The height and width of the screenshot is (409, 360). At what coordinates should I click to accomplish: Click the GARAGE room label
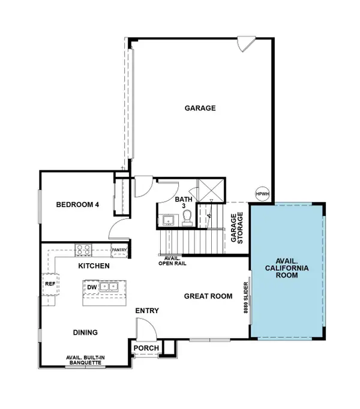tap(200, 109)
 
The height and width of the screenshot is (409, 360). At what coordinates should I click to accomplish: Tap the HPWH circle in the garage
tap(262, 194)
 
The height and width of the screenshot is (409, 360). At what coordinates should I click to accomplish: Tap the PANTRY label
tap(119, 250)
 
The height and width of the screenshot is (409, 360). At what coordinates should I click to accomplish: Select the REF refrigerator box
tap(50, 285)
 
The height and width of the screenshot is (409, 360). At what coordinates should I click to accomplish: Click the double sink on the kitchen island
tap(109, 287)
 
